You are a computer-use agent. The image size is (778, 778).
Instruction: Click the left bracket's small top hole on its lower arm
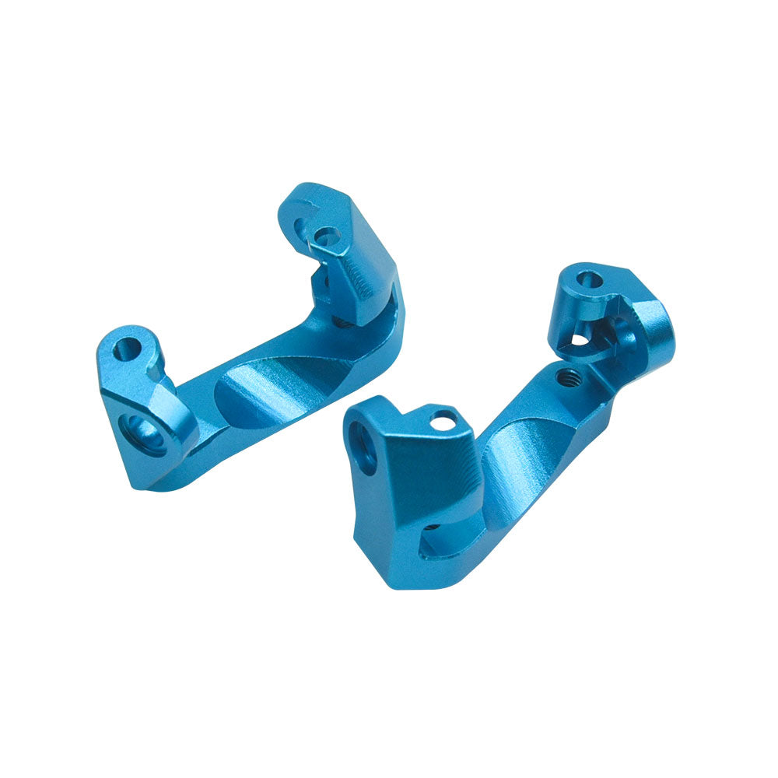pos(127,349)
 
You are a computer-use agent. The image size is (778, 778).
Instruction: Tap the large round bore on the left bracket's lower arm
pos(145,433)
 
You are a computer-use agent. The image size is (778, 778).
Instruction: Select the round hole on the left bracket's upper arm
pos(328,235)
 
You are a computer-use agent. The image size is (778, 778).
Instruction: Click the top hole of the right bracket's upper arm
pos(590,279)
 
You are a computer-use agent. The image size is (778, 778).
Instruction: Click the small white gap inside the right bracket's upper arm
pos(580,340)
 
